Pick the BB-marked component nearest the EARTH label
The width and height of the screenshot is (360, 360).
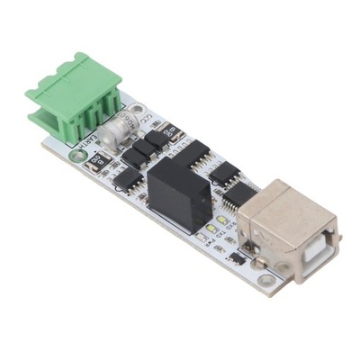(x=95, y=162)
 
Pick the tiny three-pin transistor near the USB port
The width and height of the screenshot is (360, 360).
(x=236, y=257)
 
